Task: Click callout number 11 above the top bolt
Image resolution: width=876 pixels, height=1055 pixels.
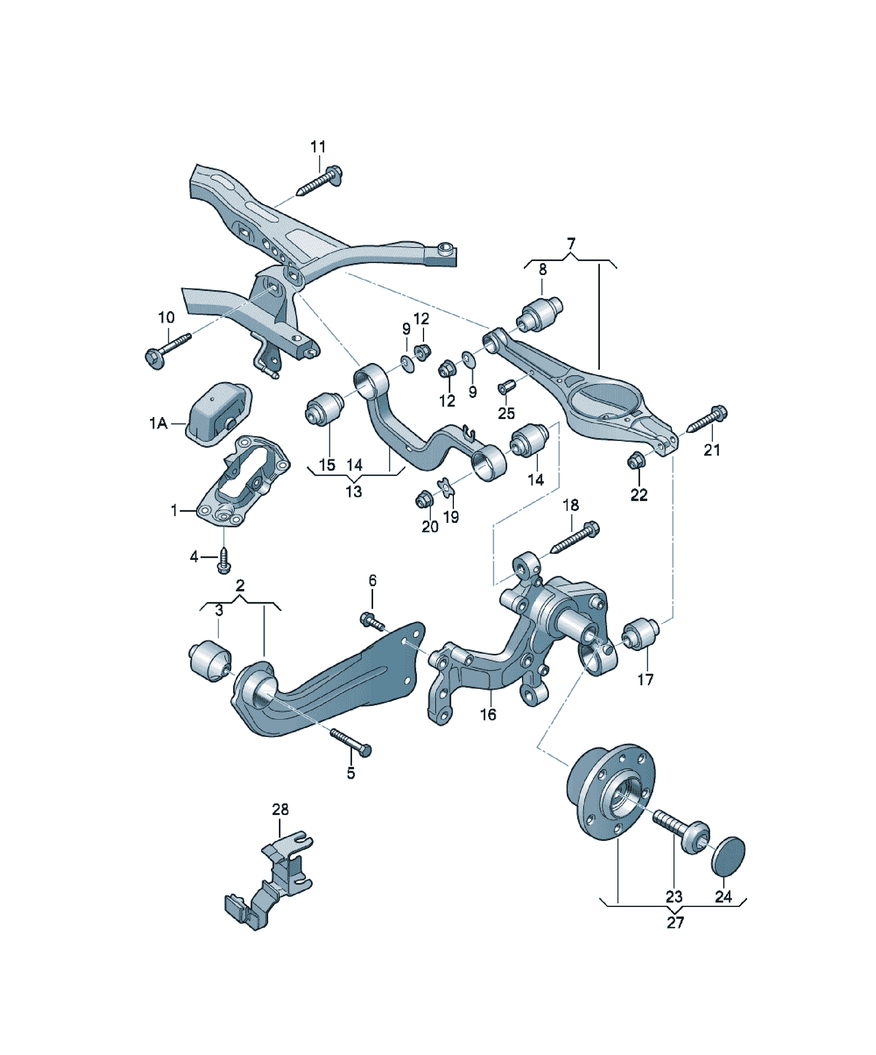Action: (x=318, y=147)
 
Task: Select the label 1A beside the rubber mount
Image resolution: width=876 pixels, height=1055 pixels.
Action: (x=158, y=423)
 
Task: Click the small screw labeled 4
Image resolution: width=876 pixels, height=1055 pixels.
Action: (x=224, y=561)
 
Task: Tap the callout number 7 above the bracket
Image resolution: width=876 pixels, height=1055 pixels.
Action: (x=570, y=244)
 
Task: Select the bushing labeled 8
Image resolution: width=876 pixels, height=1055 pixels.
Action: (x=540, y=314)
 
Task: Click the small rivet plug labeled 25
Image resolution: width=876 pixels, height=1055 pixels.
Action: (x=503, y=388)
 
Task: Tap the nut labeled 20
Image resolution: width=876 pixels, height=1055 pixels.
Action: (x=423, y=499)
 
